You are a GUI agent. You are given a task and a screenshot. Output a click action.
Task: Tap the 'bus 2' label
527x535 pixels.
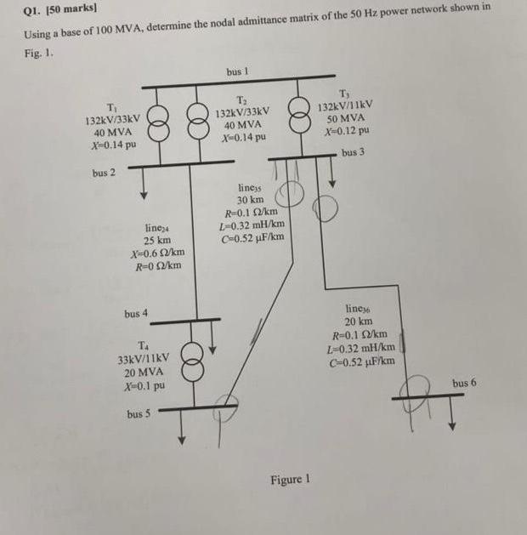click(105, 173)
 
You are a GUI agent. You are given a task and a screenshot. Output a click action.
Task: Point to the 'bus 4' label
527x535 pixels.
click(136, 314)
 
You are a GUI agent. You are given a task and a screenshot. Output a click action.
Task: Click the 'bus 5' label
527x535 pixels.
click(139, 414)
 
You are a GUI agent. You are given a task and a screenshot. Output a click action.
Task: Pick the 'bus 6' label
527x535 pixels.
click(464, 383)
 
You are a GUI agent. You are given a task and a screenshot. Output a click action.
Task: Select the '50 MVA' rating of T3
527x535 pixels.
click(344, 118)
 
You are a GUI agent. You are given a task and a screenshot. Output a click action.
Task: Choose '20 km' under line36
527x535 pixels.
click(359, 322)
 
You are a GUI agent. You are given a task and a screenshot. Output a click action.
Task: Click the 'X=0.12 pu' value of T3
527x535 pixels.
click(346, 131)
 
